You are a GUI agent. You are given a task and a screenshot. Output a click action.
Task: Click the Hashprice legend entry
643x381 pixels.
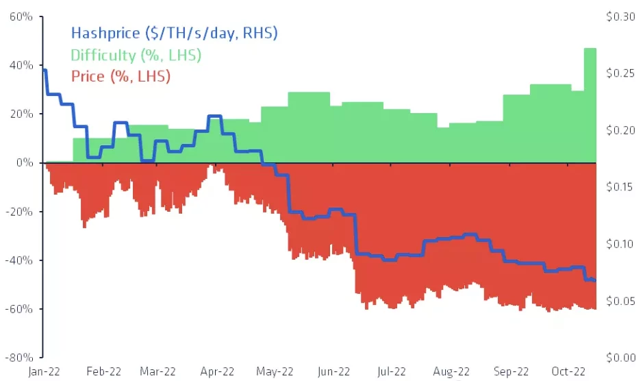pos(174,32)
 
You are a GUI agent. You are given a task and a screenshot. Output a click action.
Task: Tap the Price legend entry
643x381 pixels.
pos(120,75)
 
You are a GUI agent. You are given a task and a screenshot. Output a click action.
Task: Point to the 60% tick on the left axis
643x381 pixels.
pos(23,16)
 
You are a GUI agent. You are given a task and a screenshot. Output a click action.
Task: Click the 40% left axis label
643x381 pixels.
pos(23,65)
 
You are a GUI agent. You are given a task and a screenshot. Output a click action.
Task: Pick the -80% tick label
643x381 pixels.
pos(20,357)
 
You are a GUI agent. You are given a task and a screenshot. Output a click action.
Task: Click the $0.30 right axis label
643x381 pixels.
pos(620,16)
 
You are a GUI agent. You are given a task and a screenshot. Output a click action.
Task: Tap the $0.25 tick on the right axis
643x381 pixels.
pos(620,73)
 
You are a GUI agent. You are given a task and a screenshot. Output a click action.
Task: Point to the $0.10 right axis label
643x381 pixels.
pos(620,244)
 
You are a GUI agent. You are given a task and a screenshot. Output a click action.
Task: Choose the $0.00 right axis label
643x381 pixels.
pos(620,357)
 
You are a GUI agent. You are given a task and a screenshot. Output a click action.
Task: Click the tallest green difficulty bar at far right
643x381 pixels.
pos(590,103)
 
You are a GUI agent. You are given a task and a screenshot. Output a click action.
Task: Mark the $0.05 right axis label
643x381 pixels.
pos(620,301)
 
